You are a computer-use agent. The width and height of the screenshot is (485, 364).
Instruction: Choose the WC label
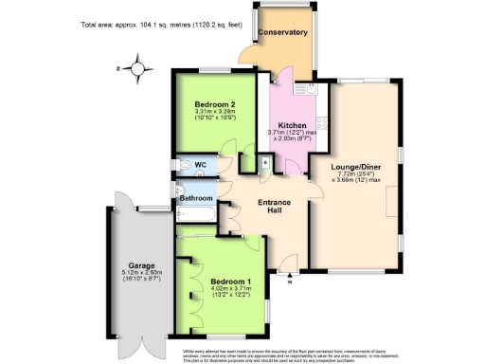[202, 165]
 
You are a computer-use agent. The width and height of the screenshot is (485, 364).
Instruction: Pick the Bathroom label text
[198, 198]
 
